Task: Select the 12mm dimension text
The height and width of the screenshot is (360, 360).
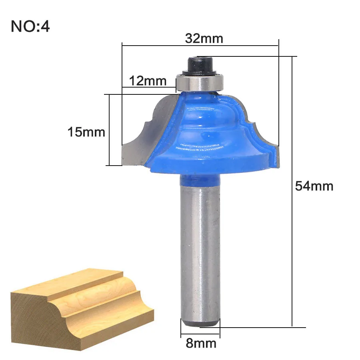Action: (147, 81)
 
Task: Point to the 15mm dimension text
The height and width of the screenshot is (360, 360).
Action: (86, 132)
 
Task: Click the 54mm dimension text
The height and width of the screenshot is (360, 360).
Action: (314, 186)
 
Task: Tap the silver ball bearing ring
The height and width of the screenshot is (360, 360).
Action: (199, 82)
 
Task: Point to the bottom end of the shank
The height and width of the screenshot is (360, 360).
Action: (200, 322)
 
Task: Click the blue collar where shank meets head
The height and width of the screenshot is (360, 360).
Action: (200, 180)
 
